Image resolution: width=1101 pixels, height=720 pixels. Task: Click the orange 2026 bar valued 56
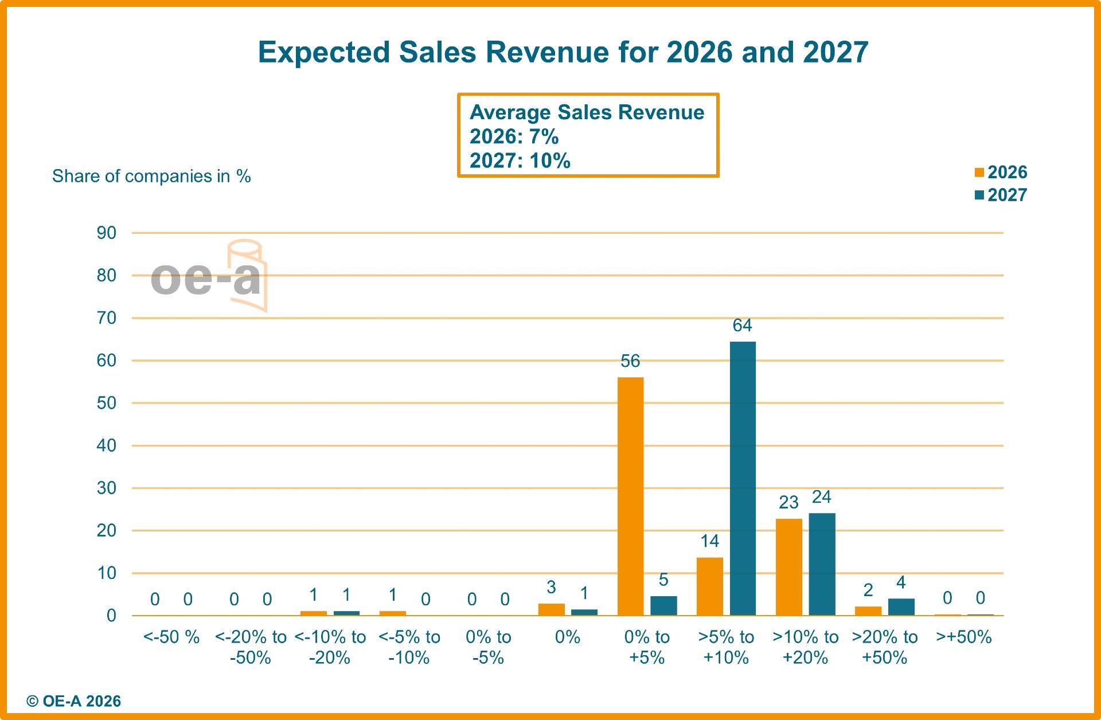pos(630,496)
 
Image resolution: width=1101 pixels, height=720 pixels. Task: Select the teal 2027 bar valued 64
pos(743,478)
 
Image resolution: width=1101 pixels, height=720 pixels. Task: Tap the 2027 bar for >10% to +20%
pos(822,564)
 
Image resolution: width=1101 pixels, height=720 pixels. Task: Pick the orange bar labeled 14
pos(709,586)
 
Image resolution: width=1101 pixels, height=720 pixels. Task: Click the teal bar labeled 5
pos(663,605)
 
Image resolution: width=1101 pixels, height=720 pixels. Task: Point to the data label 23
pos(788,502)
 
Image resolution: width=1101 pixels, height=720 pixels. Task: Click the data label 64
pos(742,326)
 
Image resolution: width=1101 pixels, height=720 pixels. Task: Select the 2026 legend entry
pos(1001,172)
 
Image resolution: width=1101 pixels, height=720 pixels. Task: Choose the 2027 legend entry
pos(1001,195)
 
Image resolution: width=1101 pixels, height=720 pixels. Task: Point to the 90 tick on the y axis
pos(107,233)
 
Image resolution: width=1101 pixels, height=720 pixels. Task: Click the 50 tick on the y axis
pos(107,403)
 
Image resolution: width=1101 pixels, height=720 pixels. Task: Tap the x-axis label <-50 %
pos(171,637)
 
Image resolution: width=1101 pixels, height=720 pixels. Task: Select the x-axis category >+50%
pos(963,637)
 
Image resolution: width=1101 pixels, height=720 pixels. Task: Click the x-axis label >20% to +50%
pos(884,647)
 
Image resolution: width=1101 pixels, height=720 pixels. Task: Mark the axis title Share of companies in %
pos(151,176)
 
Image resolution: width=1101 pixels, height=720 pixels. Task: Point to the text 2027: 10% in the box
pos(520,161)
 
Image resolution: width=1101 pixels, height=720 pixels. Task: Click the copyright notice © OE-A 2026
pos(74,701)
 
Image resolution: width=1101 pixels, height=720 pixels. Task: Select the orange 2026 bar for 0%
pos(551,609)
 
